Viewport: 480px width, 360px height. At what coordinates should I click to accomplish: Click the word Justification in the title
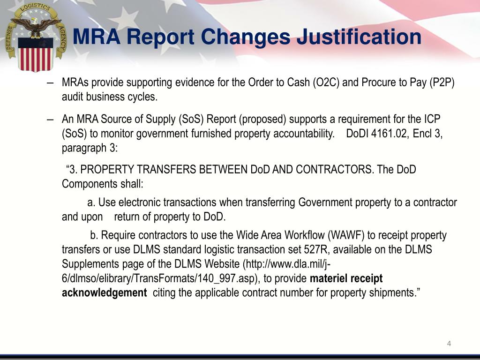click(x=359, y=37)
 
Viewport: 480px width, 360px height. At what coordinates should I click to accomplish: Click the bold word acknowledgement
click(x=105, y=293)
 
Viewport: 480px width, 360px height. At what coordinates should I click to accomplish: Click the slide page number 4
click(x=449, y=344)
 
